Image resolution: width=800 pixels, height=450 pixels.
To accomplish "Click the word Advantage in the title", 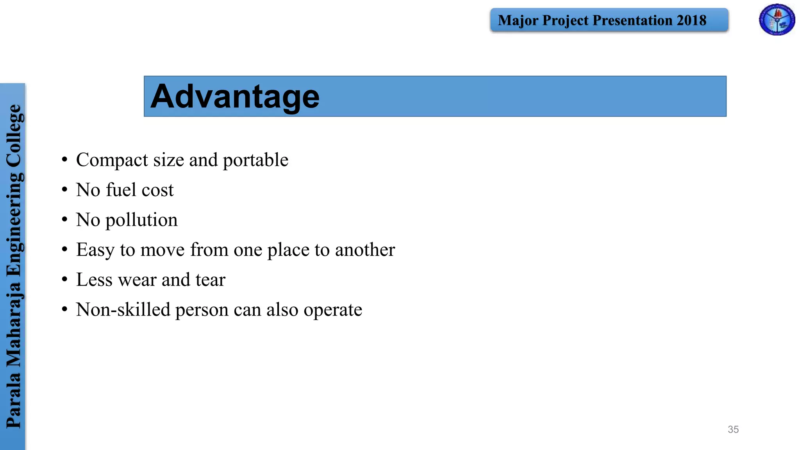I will (x=235, y=96).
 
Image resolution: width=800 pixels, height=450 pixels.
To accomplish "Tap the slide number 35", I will (x=733, y=429).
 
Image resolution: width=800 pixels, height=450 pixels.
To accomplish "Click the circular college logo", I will (x=777, y=20).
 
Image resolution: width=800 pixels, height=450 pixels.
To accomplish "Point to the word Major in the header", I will (x=518, y=20).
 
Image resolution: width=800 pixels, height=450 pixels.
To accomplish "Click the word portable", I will (x=255, y=160).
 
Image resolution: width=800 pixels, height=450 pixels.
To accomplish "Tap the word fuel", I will (x=121, y=190).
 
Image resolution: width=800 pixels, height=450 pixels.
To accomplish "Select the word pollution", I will (x=141, y=220).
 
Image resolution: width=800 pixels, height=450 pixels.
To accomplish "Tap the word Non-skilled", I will (x=123, y=310).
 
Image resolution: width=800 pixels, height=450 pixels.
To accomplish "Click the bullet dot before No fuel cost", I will (x=64, y=190).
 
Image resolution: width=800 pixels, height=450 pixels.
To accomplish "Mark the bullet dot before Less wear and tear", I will (x=64, y=280).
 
